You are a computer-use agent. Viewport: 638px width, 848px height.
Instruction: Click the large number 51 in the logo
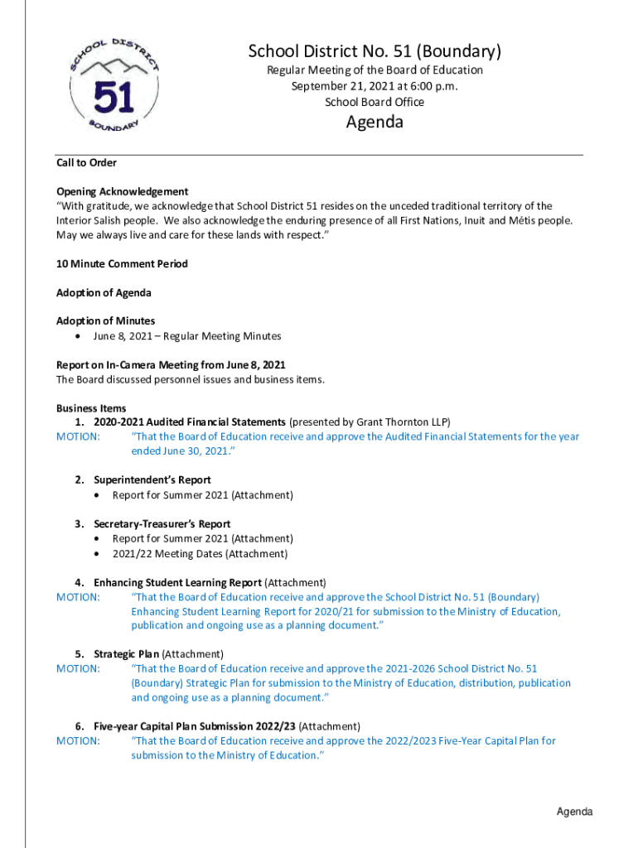[x=114, y=99]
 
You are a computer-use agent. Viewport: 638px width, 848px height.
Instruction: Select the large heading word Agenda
[x=375, y=123]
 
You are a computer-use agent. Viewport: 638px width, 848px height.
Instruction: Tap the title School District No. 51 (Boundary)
[x=375, y=52]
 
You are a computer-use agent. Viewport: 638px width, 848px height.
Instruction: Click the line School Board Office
[x=375, y=102]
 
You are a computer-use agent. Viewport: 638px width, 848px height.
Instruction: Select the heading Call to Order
[x=86, y=162]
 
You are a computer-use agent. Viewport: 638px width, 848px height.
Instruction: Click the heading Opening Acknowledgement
[x=122, y=191]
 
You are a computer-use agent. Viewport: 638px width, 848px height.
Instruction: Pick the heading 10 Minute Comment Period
[x=122, y=263]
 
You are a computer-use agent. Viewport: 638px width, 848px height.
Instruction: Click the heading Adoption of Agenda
[x=104, y=292]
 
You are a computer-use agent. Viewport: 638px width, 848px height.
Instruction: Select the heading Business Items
[x=91, y=407]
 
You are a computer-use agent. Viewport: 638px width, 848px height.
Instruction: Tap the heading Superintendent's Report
[x=152, y=479]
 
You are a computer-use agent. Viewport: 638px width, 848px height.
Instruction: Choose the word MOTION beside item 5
[x=78, y=668]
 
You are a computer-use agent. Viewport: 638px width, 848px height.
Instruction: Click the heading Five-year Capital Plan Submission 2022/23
[x=194, y=726]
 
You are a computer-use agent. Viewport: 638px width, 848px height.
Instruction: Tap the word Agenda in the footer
[x=574, y=812]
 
